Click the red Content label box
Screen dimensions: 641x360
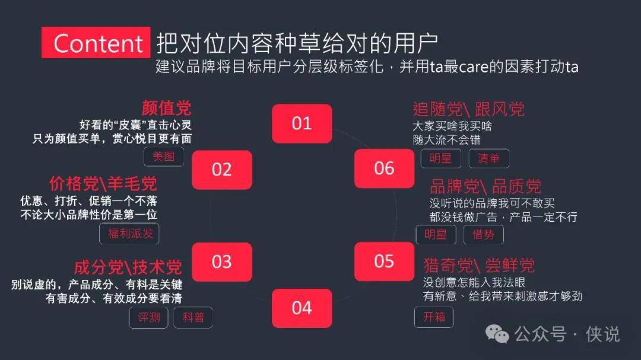tap(96, 43)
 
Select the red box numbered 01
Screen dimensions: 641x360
tap(302, 123)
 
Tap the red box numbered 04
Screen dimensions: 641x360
tap(302, 308)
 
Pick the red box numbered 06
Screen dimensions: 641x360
tap(384, 168)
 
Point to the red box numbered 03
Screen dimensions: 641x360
tap(222, 262)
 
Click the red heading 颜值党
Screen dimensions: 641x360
tap(166, 109)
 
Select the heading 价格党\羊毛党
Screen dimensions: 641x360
tap(103, 184)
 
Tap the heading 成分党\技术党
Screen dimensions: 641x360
tap(128, 267)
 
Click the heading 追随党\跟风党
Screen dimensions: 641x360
tap(468, 109)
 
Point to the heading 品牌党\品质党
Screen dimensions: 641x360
tap(485, 187)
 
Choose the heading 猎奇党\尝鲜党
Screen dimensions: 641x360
tap(479, 266)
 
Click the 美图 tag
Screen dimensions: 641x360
tap(164, 157)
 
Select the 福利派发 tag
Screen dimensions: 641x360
tap(129, 234)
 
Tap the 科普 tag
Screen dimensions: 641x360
tap(193, 317)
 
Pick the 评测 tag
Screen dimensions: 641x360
tap(148, 317)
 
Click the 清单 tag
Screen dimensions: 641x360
tap(488, 158)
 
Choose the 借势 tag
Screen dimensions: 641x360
tap(483, 234)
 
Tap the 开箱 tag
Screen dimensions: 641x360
tap(434, 317)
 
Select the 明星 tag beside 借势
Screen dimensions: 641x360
tap(436, 234)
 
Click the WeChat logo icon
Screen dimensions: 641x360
tap(497, 334)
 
